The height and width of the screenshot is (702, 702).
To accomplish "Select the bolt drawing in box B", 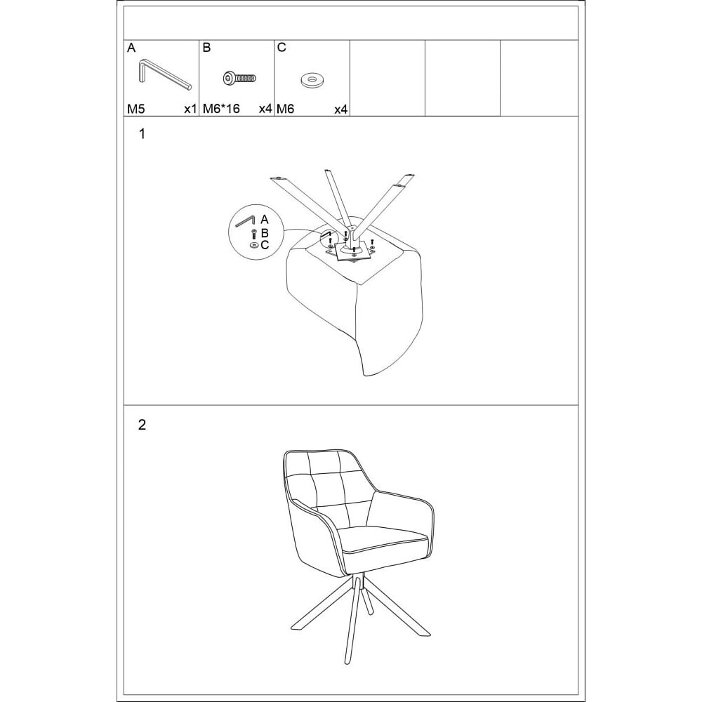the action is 239,79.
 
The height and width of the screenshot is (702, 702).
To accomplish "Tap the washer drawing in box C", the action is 312,80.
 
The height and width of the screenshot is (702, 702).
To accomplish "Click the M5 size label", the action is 136,109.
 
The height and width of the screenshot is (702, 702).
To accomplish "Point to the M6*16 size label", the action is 221,109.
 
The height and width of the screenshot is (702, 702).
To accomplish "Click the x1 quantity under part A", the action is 190,109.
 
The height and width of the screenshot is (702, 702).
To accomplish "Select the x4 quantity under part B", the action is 265,109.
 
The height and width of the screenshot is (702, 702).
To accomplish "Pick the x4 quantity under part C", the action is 340,110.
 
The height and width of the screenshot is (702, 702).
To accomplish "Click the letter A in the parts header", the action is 131,48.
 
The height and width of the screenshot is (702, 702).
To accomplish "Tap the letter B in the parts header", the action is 206,48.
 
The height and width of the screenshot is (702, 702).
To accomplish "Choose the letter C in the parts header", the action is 282,48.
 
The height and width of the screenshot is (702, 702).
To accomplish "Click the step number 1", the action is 143,134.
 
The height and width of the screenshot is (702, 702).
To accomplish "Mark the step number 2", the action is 142,425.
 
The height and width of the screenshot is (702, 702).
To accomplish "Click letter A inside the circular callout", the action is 264,219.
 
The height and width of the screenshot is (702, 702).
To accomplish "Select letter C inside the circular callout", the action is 265,245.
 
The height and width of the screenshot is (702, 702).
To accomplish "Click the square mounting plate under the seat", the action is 350,251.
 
